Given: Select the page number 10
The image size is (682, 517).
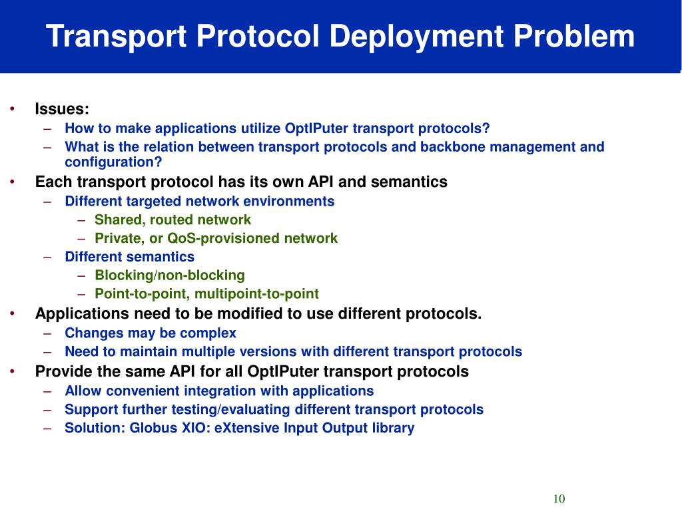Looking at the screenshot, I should point(558,499).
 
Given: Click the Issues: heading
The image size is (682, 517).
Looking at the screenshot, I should point(62,109).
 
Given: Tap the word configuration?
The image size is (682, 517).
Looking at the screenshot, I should point(113,162).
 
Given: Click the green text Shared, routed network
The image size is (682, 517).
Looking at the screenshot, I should point(172,220).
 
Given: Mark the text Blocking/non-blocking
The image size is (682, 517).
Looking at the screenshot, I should point(170,275).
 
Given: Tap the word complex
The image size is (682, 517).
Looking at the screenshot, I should point(210,333).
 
